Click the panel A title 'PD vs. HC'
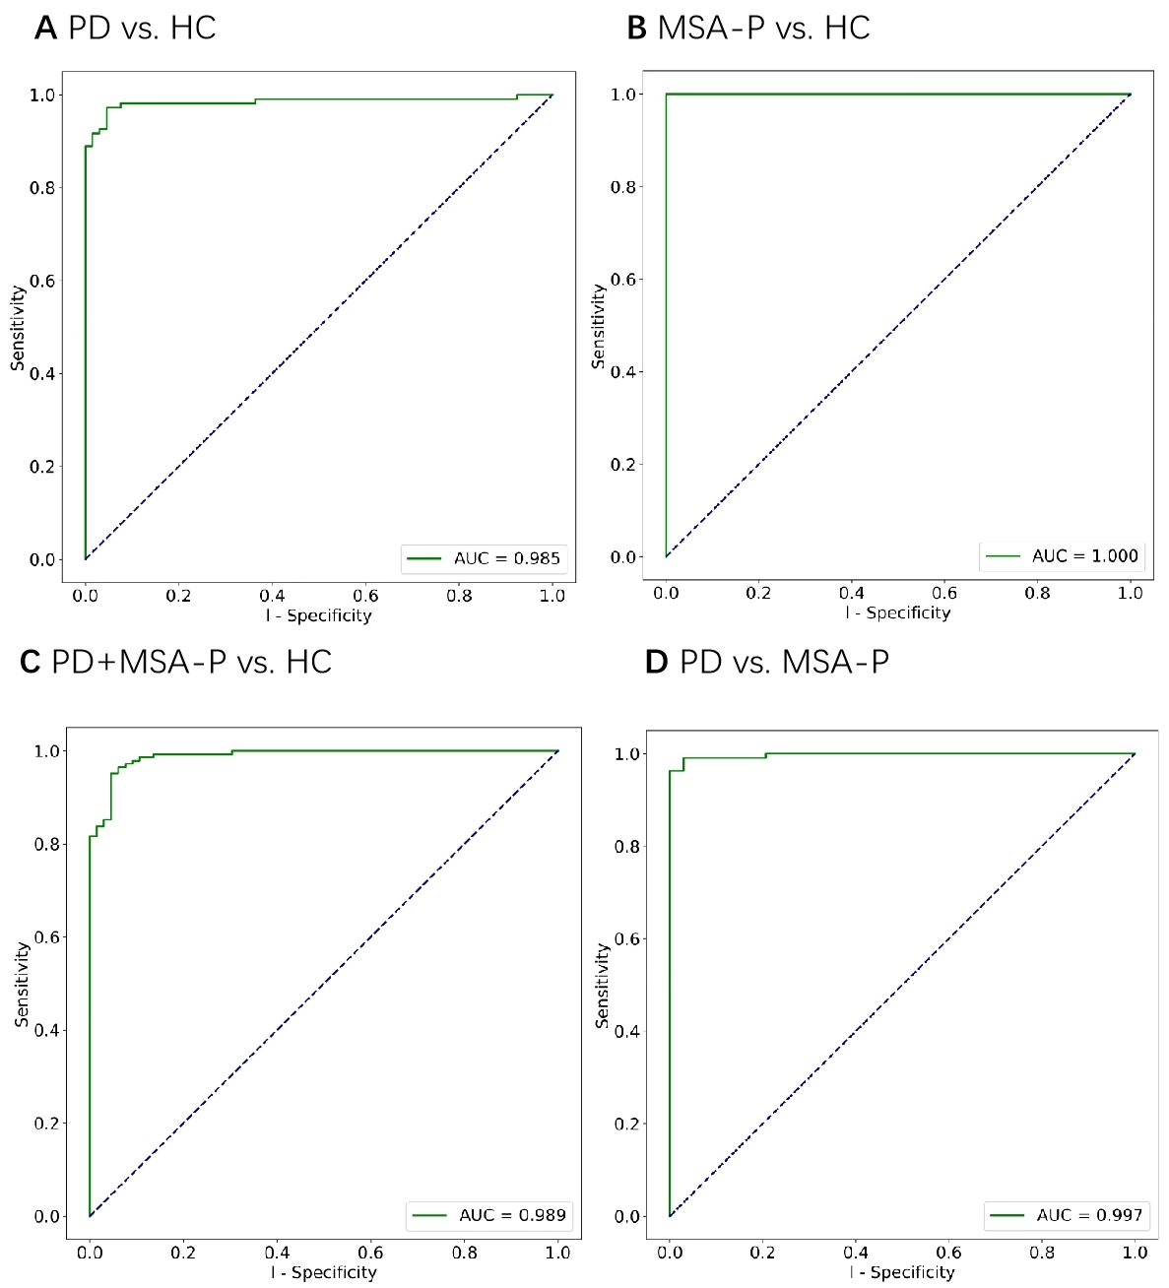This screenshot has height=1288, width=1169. click(x=142, y=28)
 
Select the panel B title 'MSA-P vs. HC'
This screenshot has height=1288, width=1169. click(x=763, y=28)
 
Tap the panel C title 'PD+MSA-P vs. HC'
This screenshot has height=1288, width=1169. click(x=191, y=662)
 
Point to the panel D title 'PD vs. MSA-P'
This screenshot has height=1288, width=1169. click(x=784, y=662)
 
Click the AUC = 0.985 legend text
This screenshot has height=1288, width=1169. click(x=506, y=558)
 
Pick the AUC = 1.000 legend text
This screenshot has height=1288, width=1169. click(x=1084, y=556)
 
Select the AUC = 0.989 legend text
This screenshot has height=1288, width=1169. click(x=512, y=1215)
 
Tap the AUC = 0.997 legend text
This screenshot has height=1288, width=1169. click(x=1089, y=1215)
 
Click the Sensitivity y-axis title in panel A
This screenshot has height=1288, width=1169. click(x=18, y=328)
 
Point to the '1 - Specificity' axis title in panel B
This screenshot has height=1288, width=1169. click(x=898, y=612)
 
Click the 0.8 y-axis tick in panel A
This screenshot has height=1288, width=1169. click(x=42, y=187)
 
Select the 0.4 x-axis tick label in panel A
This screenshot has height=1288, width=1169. click(x=272, y=596)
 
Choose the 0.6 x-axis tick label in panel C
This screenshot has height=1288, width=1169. click(x=370, y=1253)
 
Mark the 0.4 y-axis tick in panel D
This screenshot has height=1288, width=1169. click(x=627, y=1031)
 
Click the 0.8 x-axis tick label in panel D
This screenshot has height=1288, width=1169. click(x=1042, y=1253)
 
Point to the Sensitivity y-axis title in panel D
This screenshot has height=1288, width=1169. click(x=602, y=986)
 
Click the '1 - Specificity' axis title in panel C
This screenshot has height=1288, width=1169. click(x=324, y=1272)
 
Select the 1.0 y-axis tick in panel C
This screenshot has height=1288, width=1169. click(x=47, y=751)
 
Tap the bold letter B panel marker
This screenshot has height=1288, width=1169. click(x=636, y=28)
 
